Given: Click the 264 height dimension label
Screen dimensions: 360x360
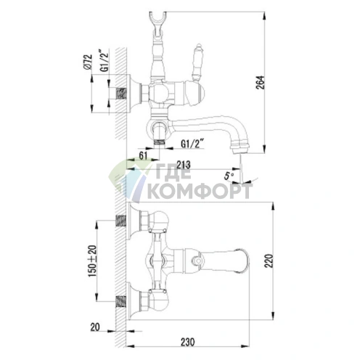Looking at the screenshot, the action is click(261, 83).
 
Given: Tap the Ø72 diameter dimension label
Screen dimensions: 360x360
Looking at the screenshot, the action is click(88, 62).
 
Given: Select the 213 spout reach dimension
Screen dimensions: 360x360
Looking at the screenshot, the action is click(184, 165).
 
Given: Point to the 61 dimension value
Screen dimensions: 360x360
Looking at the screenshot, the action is click(143, 155).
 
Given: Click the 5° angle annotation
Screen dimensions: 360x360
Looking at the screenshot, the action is click(229, 176).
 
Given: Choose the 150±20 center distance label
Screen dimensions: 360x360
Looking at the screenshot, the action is click(92, 261).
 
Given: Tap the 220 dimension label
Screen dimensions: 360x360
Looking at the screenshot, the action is click(269, 261).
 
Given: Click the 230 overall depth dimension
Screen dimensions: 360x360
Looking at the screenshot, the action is click(187, 342).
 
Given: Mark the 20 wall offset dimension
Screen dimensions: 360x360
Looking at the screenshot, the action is click(95, 327).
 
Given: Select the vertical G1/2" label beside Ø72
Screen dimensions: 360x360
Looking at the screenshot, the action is click(104, 60).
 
